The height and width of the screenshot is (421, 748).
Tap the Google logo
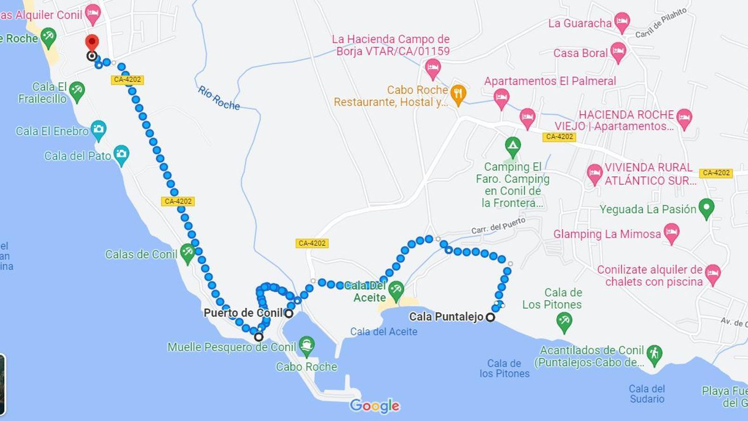(x=374, y=405)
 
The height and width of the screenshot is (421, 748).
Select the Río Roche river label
(x=219, y=98)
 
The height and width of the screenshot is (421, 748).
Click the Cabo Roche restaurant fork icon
(x=458, y=94)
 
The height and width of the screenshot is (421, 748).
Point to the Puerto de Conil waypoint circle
(x=289, y=313)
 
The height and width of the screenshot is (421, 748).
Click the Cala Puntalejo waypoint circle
(x=490, y=317)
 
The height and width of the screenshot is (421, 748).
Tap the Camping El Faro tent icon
(x=513, y=146)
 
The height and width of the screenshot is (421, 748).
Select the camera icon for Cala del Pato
(x=121, y=154)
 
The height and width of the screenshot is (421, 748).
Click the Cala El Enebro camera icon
(x=98, y=130)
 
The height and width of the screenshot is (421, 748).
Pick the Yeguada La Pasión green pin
(x=706, y=208)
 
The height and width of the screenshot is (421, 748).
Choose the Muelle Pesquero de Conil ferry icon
(x=306, y=346)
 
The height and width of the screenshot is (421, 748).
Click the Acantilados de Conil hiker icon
(x=654, y=355)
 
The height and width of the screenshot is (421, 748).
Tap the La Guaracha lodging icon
(x=622, y=22)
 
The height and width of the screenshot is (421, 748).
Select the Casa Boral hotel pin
(x=618, y=51)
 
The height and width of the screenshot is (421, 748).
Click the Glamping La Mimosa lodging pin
(x=671, y=232)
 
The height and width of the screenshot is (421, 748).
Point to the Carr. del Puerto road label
(x=498, y=225)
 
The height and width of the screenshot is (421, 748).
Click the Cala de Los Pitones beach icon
(x=564, y=322)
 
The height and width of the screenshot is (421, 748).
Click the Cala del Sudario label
(x=647, y=394)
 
